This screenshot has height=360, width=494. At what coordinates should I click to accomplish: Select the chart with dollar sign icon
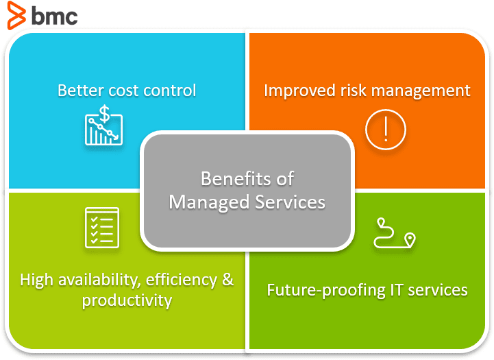(103, 125)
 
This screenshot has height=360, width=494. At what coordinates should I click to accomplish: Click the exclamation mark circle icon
(386, 129)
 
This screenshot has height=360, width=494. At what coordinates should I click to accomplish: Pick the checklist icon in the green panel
(101, 227)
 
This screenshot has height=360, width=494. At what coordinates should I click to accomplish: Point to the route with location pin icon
(394, 233)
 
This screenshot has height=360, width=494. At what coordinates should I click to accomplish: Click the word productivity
(127, 300)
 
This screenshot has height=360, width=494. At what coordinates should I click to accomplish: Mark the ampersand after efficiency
(226, 280)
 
